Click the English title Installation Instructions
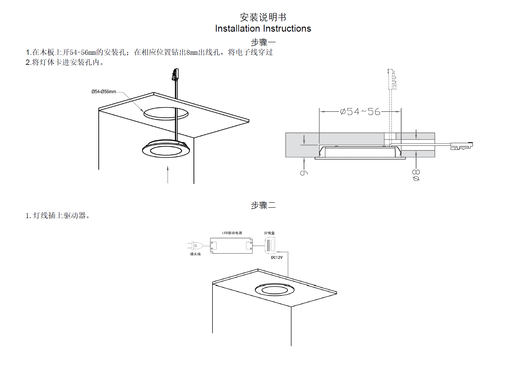263,29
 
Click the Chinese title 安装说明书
263,17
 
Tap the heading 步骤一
263,42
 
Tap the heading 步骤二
263,205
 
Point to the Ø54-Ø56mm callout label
104,92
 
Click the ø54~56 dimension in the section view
360,112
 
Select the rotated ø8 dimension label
416,175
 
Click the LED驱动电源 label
232,233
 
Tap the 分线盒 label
269,233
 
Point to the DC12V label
277,258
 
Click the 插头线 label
195,254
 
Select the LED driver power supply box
231,245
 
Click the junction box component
270,245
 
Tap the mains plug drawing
194,246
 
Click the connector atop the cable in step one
175,75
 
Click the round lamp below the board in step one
166,150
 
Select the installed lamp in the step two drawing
275,290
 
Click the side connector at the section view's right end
461,146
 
